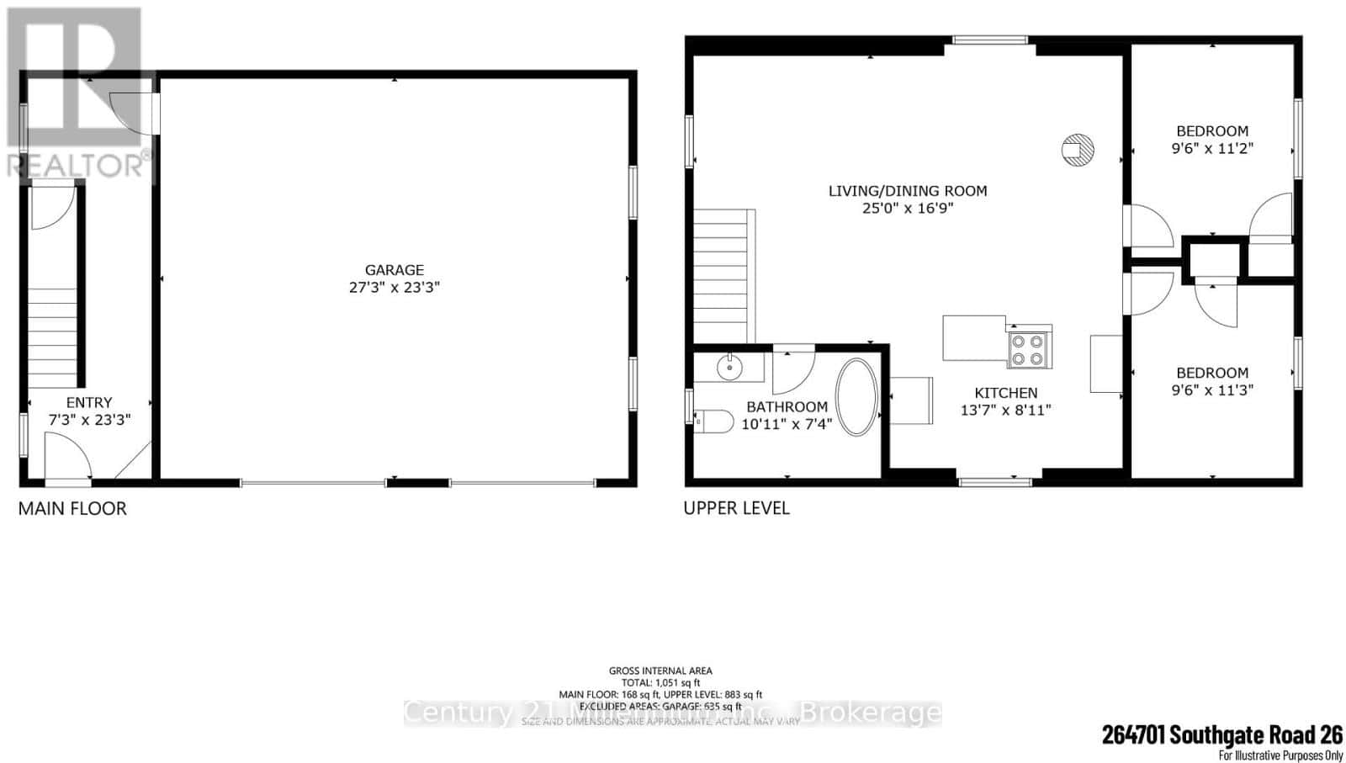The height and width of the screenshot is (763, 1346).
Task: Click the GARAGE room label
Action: (394, 270)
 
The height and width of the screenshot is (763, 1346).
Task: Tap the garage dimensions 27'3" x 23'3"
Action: (394, 287)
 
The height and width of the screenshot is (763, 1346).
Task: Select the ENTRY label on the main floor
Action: (89, 403)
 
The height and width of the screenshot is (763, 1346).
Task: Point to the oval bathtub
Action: (856, 397)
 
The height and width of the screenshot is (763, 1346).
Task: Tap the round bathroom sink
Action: (729, 367)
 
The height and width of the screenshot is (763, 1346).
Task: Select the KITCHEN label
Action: (1005, 393)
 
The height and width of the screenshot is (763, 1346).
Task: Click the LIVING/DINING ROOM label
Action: (908, 191)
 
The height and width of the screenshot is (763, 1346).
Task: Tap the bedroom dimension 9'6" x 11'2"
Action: (1212, 148)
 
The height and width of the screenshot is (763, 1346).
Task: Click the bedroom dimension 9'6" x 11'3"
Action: (1212, 389)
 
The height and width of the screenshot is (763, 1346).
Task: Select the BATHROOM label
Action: (787, 407)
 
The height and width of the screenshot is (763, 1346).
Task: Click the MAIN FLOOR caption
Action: (72, 508)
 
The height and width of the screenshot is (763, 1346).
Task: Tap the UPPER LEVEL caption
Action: (736, 508)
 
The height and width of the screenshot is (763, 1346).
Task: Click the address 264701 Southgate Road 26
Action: (1221, 734)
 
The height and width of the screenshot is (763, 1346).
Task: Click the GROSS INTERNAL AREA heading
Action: (660, 670)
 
